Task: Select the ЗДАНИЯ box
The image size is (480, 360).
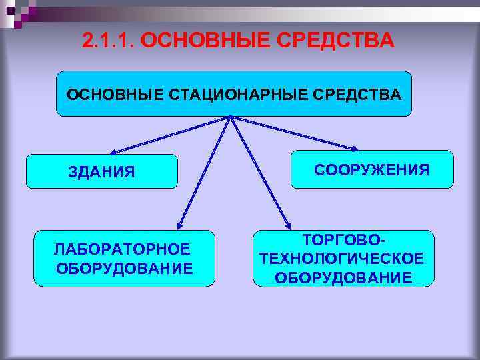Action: tap(101, 172)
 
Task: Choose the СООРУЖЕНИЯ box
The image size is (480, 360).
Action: tap(372, 169)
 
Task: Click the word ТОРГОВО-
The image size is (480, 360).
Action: tap(343, 239)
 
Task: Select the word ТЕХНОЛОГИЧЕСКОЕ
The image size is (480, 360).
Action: tap(343, 258)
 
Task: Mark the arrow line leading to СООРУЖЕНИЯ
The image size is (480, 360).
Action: tap(293, 133)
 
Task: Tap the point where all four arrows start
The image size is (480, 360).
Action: tap(229, 118)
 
